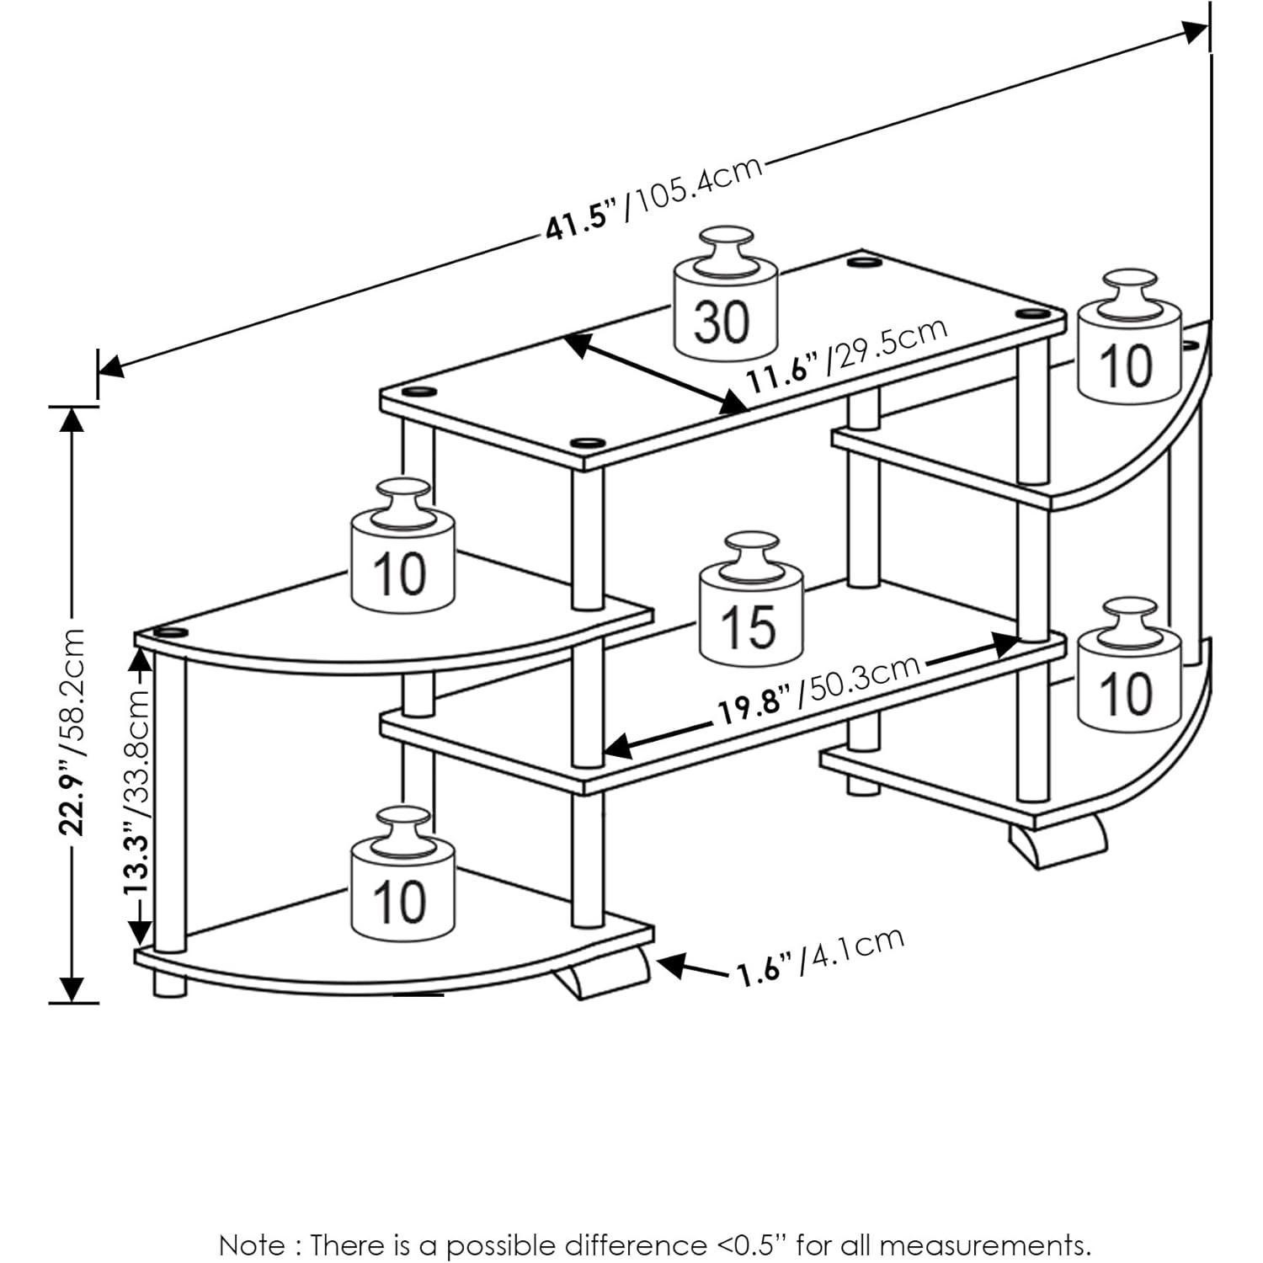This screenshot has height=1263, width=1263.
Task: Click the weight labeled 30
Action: [724, 312]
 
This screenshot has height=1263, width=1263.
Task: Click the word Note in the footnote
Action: [251, 1244]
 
